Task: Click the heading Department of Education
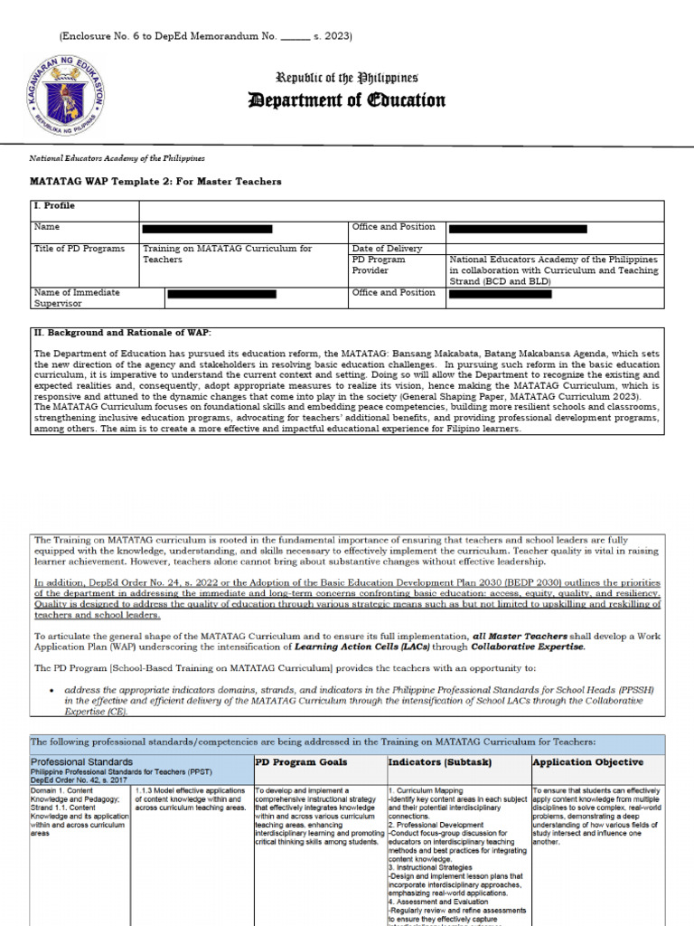point(347,100)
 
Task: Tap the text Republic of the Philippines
point(347,79)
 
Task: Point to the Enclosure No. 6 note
point(205,36)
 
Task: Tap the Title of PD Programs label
point(80,249)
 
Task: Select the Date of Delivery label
point(387,249)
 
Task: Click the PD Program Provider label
point(379,265)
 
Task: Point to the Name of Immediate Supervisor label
point(77,298)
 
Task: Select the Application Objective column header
point(587,762)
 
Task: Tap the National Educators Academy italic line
point(117,158)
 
